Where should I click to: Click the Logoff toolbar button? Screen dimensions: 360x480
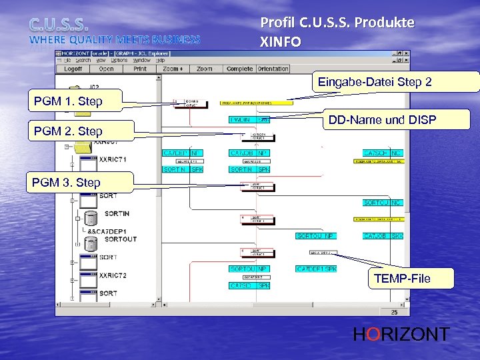point(73,69)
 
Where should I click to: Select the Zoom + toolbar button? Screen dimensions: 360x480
point(173,69)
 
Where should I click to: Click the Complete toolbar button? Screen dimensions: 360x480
point(239,69)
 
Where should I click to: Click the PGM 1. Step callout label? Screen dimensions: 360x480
point(69,102)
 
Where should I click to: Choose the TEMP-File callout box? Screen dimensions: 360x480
point(402,278)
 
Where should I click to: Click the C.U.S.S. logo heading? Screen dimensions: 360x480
point(59,25)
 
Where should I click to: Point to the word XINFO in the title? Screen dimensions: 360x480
point(280,41)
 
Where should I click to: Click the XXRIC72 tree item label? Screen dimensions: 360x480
point(113,275)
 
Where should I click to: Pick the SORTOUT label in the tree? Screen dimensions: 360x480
point(121,239)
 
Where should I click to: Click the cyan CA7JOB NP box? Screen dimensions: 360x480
point(249,153)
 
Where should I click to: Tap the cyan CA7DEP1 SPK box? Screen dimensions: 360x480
point(316,269)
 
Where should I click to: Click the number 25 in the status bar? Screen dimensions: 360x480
point(394,312)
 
